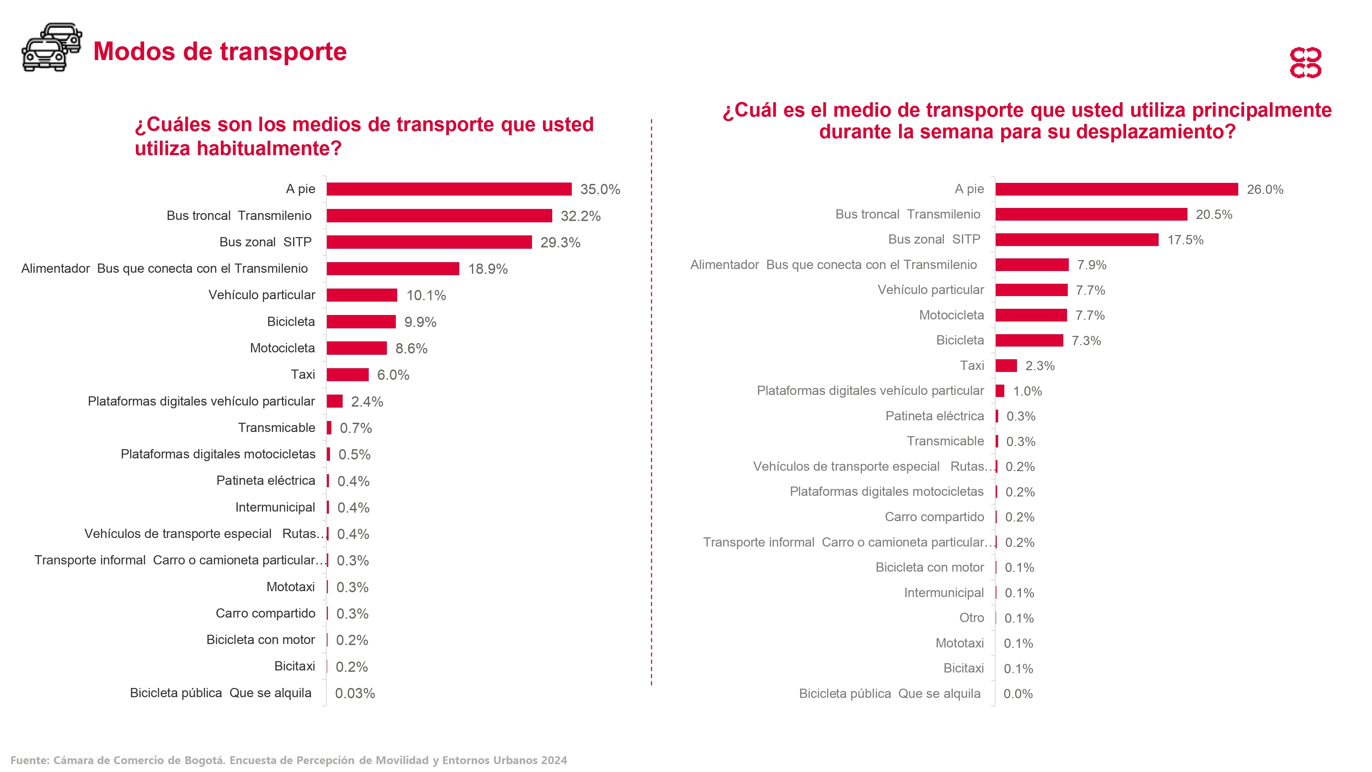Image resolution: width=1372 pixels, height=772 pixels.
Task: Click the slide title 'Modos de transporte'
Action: (x=220, y=52)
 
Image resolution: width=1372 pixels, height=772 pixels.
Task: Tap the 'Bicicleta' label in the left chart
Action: (x=291, y=321)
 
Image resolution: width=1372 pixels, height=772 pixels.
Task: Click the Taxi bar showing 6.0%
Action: (x=347, y=375)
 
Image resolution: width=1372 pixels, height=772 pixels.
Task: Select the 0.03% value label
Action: (x=355, y=693)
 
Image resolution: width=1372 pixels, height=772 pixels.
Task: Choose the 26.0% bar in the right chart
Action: (x=1116, y=189)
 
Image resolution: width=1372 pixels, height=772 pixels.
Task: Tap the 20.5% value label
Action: (x=1214, y=214)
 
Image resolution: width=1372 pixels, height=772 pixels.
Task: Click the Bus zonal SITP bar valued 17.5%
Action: (x=1076, y=240)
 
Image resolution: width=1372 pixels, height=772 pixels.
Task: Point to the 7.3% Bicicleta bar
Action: (x=1029, y=340)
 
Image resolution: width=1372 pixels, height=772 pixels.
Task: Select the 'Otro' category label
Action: (x=971, y=618)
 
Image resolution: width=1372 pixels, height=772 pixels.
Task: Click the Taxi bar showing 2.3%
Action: (x=1006, y=365)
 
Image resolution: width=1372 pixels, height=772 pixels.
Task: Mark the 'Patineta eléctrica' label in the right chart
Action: (x=934, y=416)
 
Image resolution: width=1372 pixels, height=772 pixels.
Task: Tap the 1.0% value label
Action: (x=1027, y=391)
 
